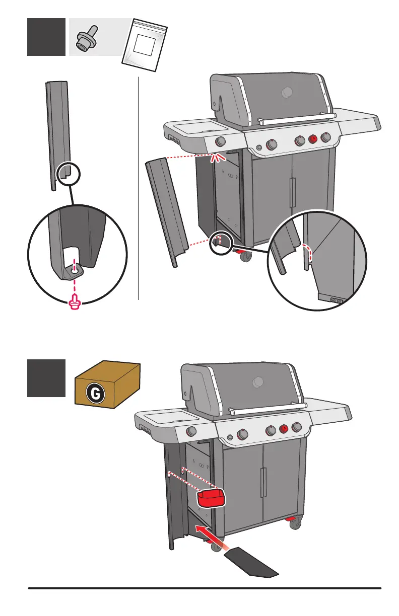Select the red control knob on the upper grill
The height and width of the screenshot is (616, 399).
coord(313,139)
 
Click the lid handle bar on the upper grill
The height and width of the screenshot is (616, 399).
coord(297,118)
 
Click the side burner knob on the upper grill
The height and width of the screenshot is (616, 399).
coord(221,141)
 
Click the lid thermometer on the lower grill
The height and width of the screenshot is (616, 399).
coord(258,382)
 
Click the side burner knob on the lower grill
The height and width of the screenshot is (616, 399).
coord(191,431)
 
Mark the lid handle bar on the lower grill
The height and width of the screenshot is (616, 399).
coord(267,407)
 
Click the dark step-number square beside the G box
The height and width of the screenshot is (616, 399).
coord(46,378)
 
